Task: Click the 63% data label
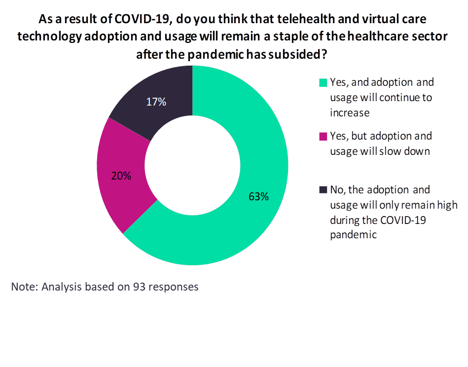(258, 197)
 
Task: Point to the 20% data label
(121, 176)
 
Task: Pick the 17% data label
(156, 102)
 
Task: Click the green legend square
(324, 82)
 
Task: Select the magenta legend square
(324, 136)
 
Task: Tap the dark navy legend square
(324, 190)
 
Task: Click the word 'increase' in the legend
(350, 112)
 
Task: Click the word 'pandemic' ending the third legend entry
(353, 235)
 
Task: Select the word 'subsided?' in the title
(303, 54)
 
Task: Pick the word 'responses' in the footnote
(174, 287)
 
